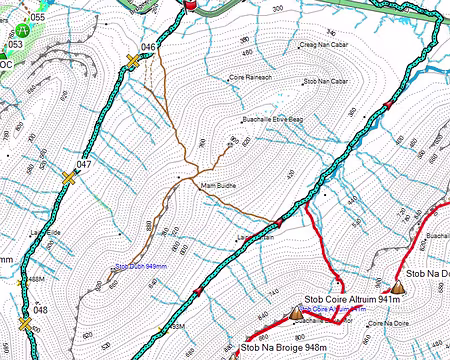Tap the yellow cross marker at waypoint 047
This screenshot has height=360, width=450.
click(x=69, y=178)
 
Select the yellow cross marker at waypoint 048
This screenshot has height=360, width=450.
click(x=24, y=324)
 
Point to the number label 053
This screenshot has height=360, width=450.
click(x=15, y=45)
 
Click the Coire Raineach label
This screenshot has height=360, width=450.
click(x=251, y=77)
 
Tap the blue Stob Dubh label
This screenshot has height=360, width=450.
click(x=139, y=267)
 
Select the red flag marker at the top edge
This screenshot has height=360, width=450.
click(x=190, y=5)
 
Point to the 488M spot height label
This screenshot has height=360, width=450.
click(x=36, y=279)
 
